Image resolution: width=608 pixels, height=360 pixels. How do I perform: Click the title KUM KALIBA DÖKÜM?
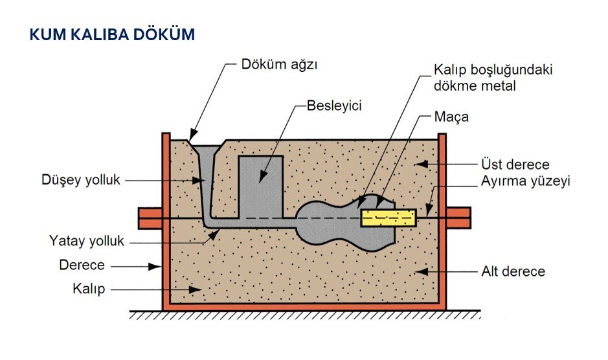pyautogui.click(x=112, y=34)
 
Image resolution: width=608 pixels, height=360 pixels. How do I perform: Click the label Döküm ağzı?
pyautogui.click(x=281, y=65)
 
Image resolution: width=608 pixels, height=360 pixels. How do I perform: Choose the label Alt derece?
pyautogui.click(x=513, y=271)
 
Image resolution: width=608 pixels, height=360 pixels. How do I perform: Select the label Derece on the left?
pyautogui.click(x=82, y=265)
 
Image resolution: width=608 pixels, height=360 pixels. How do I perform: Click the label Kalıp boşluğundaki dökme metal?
pyautogui.click(x=493, y=77)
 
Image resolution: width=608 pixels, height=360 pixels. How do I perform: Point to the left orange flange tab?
pyautogui.click(x=150, y=218)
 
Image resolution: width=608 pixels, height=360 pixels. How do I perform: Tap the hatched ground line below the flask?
pyautogui.click(x=304, y=315)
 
